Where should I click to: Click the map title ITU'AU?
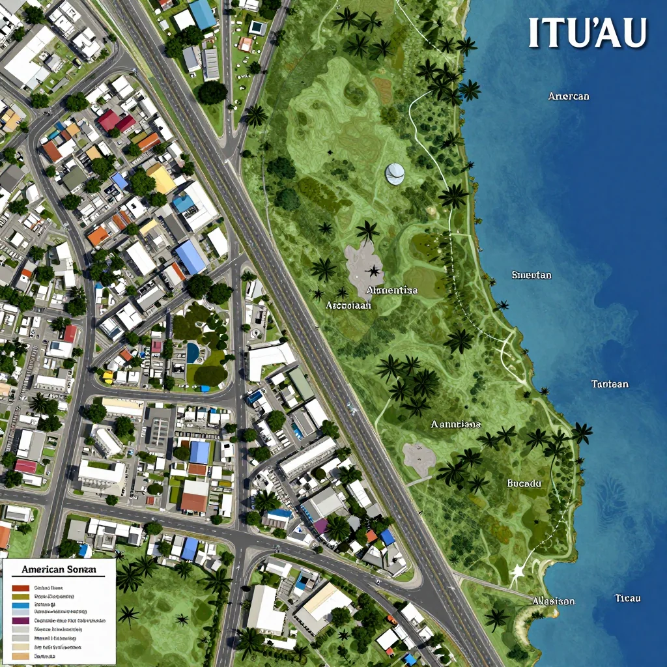point(588,33)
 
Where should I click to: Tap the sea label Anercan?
point(569,96)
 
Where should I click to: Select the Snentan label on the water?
point(532,275)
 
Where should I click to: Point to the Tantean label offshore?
point(610,384)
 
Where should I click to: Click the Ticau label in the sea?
point(628,598)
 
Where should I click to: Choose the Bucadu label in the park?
point(524,483)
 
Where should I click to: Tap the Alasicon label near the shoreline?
point(553,601)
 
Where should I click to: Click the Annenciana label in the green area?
point(456,424)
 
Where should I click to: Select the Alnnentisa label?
point(392,291)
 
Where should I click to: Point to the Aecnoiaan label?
point(348,304)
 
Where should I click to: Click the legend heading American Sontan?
point(59,569)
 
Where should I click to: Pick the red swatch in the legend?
point(21,588)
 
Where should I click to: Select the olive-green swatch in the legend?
point(21,596)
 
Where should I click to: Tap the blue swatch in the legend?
point(21,604)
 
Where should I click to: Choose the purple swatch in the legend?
point(21,621)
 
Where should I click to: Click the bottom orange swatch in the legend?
point(21,655)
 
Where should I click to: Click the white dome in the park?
point(395,173)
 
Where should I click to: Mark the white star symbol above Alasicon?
point(518,572)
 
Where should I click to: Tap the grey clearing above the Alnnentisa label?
point(367,264)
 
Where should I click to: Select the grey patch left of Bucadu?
point(418,458)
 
